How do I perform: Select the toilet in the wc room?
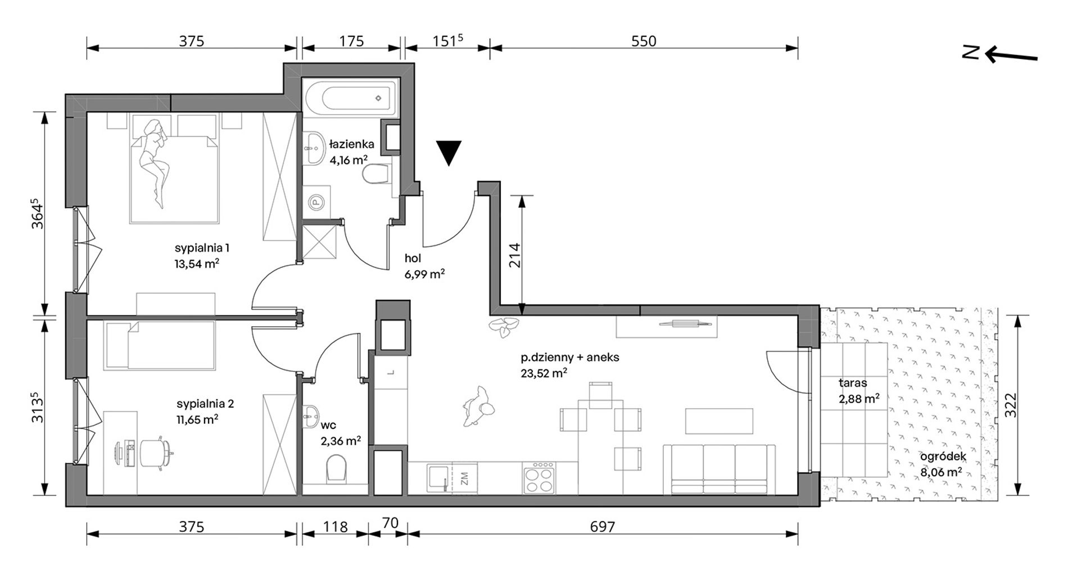point(336,469)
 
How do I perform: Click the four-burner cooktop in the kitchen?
point(538,478)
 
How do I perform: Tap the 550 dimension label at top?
point(644,41)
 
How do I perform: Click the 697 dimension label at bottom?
point(603,527)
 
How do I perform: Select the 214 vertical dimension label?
point(515,254)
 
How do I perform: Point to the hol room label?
point(413,258)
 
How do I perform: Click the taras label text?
point(853,383)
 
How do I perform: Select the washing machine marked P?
point(316,200)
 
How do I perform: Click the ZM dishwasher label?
point(464,478)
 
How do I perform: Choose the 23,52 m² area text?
point(544,373)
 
